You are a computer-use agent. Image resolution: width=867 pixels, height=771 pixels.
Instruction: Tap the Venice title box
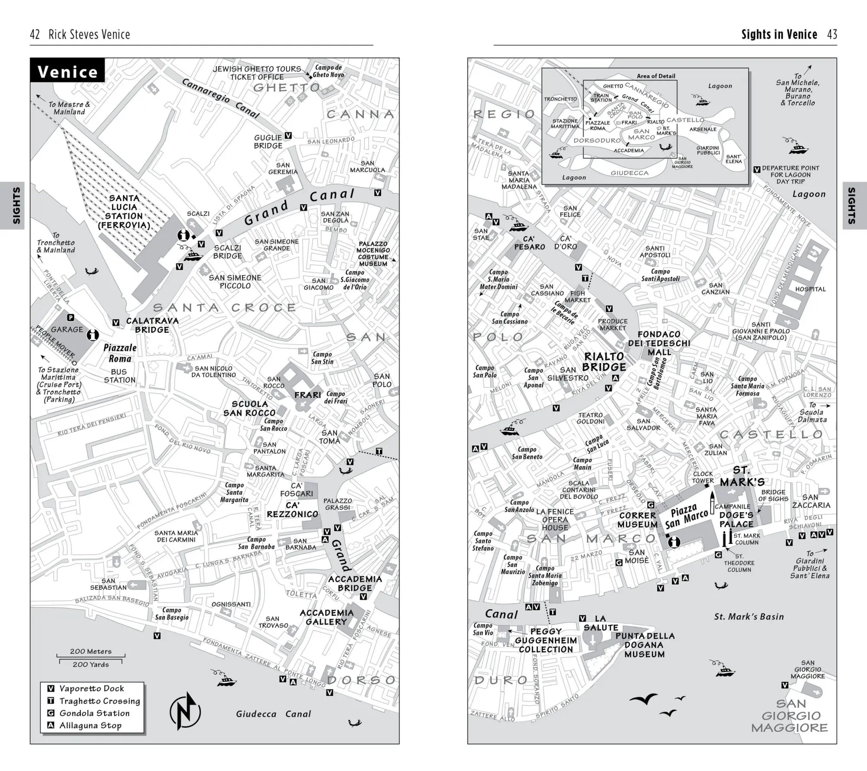[x=68, y=71]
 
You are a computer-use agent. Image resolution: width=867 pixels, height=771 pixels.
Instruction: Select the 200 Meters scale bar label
[x=91, y=651]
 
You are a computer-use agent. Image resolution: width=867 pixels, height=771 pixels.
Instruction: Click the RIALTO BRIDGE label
[x=604, y=362]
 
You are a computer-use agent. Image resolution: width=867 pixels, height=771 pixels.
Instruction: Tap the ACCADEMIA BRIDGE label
[x=355, y=584]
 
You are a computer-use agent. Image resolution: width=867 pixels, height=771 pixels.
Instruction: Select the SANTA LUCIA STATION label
[x=124, y=212]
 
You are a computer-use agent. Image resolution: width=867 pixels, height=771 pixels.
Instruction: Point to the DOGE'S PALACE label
[x=736, y=519]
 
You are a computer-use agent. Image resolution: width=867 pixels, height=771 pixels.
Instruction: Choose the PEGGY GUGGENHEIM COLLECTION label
[x=546, y=640]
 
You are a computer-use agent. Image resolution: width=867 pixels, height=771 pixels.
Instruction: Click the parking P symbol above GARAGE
[x=71, y=318]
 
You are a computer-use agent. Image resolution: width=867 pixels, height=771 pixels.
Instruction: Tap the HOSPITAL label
[x=810, y=289]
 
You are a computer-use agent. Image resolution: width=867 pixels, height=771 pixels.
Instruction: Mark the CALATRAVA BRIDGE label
[x=152, y=325]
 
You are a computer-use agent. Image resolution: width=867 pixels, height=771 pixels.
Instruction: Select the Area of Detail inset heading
[x=656, y=76]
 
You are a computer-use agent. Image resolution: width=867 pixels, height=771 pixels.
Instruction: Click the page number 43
[x=832, y=35]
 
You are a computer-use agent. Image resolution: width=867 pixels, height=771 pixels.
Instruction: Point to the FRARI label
[x=308, y=395]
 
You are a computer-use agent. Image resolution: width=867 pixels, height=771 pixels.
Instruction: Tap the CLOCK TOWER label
[x=703, y=477]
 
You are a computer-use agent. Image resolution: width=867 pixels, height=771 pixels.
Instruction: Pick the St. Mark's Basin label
[x=749, y=617]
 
